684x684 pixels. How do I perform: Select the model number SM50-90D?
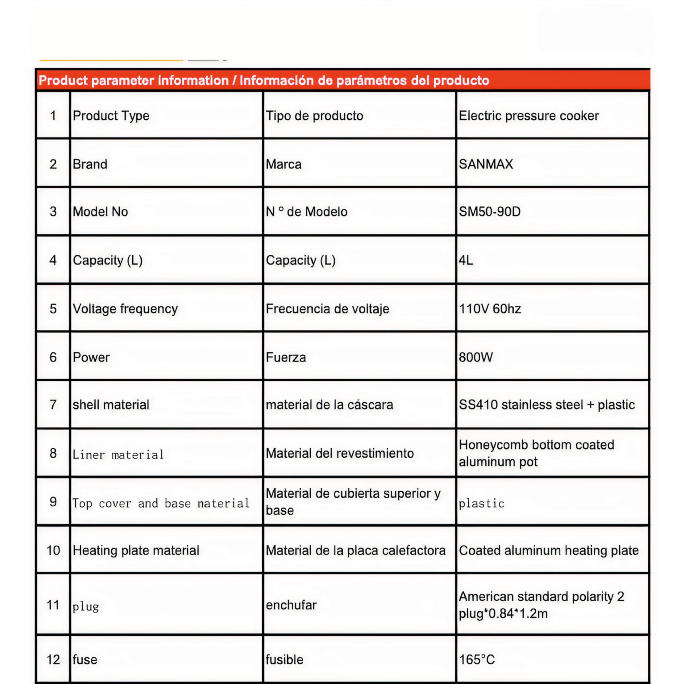point(490,212)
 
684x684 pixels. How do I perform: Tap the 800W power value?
point(476,357)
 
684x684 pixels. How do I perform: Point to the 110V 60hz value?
point(490,309)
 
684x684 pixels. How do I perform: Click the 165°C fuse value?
point(477,660)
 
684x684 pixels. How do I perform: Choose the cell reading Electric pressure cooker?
point(529,116)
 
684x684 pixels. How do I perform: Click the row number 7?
point(53,404)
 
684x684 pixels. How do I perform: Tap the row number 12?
point(53,660)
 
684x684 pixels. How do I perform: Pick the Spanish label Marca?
point(283,164)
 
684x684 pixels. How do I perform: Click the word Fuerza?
point(286,357)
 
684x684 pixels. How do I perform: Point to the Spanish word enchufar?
point(291,605)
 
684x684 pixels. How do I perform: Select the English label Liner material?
point(118,454)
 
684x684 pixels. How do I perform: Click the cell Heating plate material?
point(136,550)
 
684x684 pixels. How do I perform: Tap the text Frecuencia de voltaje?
point(328,309)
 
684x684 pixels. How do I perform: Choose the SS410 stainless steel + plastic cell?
point(547,405)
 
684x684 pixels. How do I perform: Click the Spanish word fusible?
point(285,660)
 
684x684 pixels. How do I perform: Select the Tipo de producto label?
point(314,116)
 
